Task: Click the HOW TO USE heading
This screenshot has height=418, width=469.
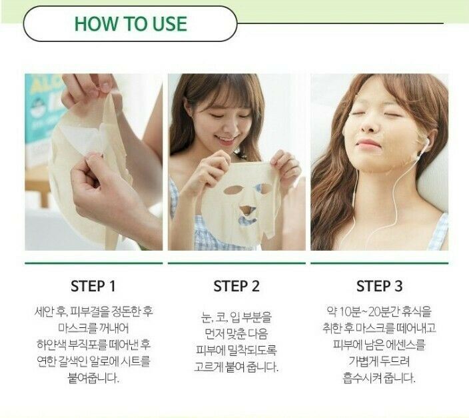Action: click(131, 23)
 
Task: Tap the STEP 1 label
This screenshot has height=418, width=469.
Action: click(93, 286)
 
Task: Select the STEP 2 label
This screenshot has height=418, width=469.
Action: click(236, 286)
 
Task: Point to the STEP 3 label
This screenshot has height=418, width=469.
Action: click(379, 286)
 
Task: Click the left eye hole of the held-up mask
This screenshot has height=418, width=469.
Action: click(233, 190)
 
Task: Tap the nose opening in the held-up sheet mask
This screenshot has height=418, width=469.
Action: click(248, 209)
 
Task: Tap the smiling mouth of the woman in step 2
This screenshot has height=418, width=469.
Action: click(226, 139)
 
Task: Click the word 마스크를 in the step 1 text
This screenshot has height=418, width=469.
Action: click(78, 329)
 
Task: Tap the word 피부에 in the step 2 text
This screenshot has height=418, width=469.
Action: click(211, 350)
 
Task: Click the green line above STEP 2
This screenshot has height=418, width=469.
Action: click(236, 263)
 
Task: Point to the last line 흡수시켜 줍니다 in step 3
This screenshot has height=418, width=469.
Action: click(379, 378)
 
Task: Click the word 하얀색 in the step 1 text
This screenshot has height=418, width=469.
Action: click(51, 345)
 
